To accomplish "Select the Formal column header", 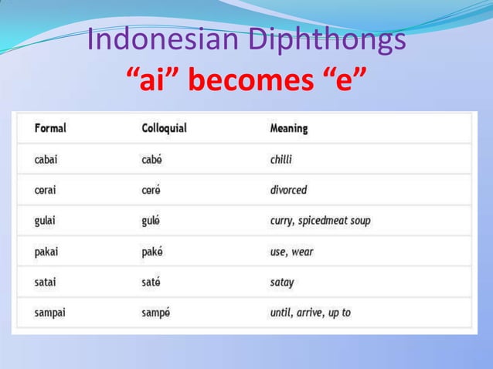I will [x=50, y=128].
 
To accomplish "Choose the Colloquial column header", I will [x=164, y=128].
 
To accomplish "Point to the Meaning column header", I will [x=288, y=128].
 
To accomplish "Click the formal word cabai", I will [x=46, y=159].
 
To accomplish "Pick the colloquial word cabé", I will [x=152, y=159].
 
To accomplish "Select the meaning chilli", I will [x=281, y=159].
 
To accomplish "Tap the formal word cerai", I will [x=46, y=190].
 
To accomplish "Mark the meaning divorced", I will [x=288, y=190].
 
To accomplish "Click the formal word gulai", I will [x=46, y=221].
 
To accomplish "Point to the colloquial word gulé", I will [x=151, y=221].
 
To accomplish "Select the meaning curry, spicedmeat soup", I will [x=320, y=221].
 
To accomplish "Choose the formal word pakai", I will [x=46, y=252].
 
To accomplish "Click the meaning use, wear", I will [x=291, y=252].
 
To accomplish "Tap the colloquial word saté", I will [x=151, y=283].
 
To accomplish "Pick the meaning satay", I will [x=282, y=283].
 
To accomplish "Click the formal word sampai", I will [x=50, y=313].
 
